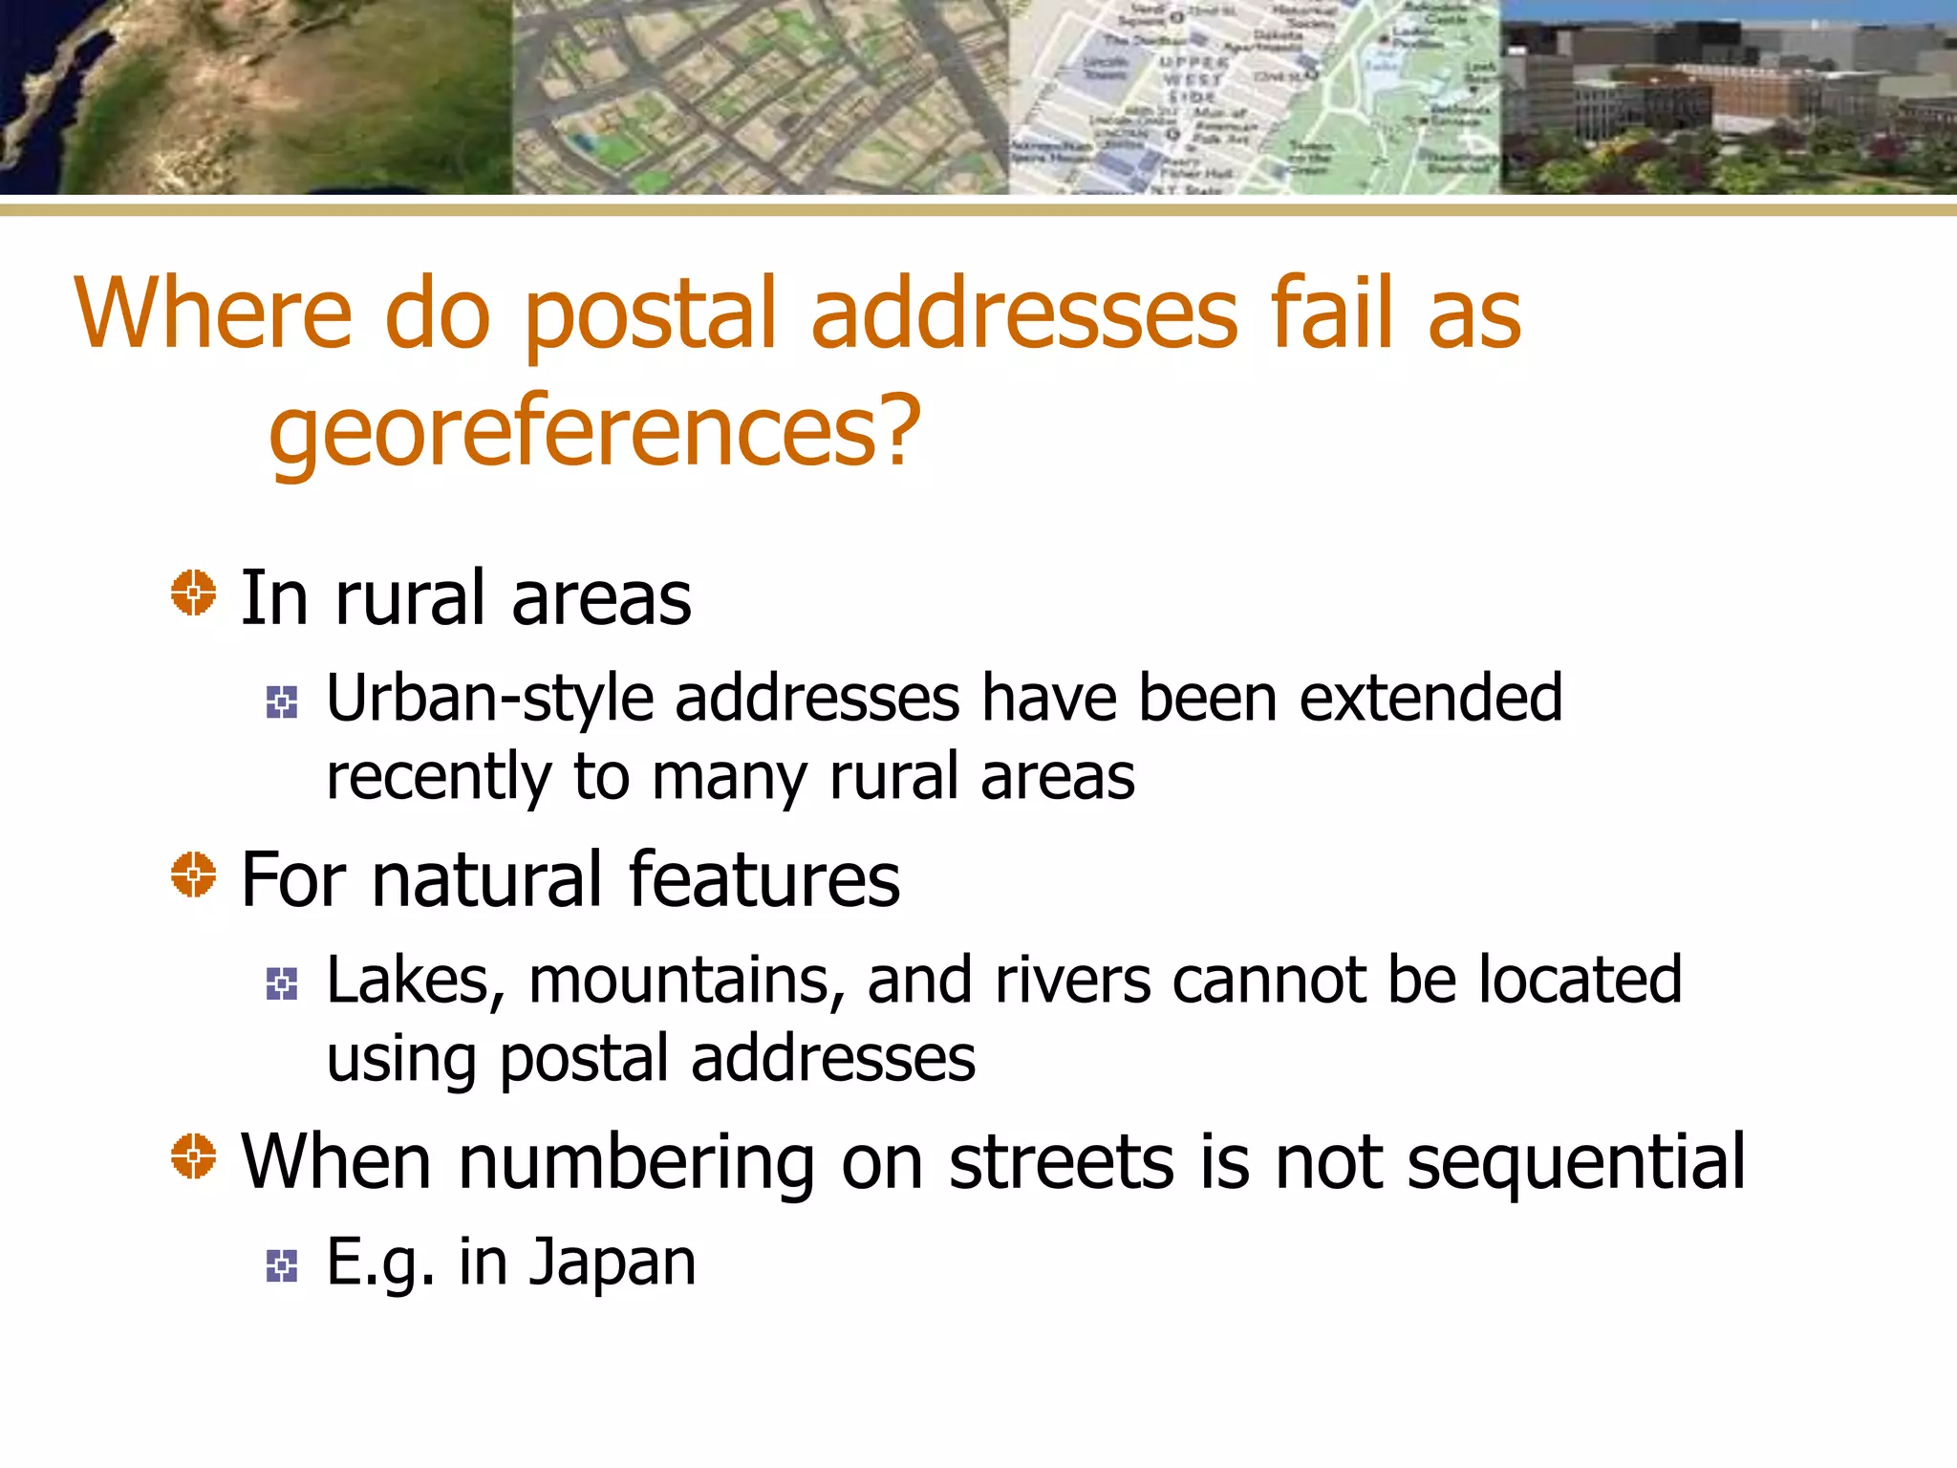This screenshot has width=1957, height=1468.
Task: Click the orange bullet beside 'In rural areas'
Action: [193, 594]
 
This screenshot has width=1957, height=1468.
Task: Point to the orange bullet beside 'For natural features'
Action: [193, 874]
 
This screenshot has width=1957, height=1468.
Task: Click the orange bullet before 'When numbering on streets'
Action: [193, 1156]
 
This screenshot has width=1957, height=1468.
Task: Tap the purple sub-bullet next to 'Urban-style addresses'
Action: [282, 702]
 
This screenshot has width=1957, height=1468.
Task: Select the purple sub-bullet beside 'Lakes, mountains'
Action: [282, 983]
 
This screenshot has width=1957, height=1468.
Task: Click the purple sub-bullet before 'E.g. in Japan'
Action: [282, 1265]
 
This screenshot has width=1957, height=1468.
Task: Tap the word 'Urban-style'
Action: [489, 700]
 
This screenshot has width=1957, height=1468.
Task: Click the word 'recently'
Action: [439, 777]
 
